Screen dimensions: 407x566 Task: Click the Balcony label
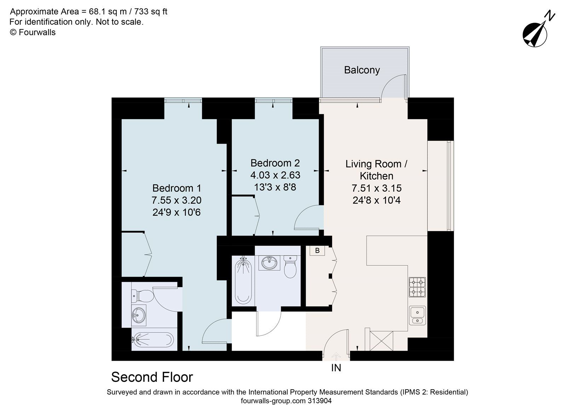(x=362, y=70)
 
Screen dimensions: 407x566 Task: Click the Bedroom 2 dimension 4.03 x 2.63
(x=275, y=175)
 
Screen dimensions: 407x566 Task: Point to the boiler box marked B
(x=317, y=251)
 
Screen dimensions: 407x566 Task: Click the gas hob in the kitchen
(x=417, y=287)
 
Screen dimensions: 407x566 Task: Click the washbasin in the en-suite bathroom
(x=138, y=314)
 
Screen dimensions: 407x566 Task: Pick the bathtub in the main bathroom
(x=242, y=281)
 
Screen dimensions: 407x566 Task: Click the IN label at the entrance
(x=336, y=368)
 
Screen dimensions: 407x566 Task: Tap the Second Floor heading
(x=152, y=377)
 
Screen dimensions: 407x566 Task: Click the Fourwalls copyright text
(x=33, y=32)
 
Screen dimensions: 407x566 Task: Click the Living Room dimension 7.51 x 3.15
(x=376, y=188)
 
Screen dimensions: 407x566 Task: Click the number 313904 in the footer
(x=319, y=401)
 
